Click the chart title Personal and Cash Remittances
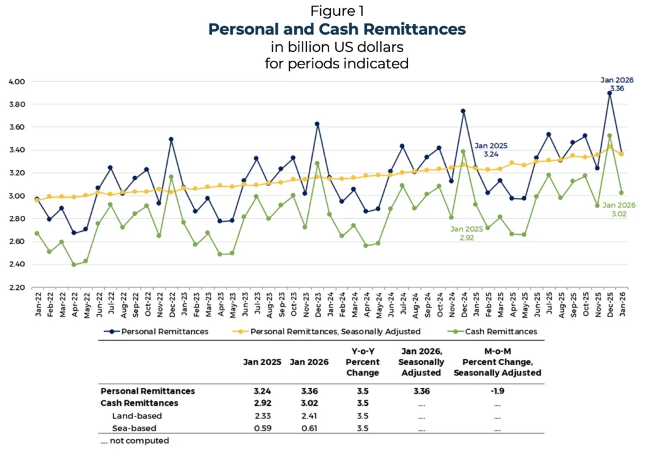click(337, 29)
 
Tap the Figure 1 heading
click(337, 11)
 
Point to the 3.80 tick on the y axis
click(16, 104)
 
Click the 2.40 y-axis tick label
click(16, 265)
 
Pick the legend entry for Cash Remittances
click(504, 331)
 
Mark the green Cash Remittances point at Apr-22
click(74, 265)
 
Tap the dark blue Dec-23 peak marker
click(317, 124)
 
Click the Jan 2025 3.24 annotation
click(492, 149)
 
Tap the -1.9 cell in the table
click(497, 391)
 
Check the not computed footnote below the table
click(135, 441)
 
